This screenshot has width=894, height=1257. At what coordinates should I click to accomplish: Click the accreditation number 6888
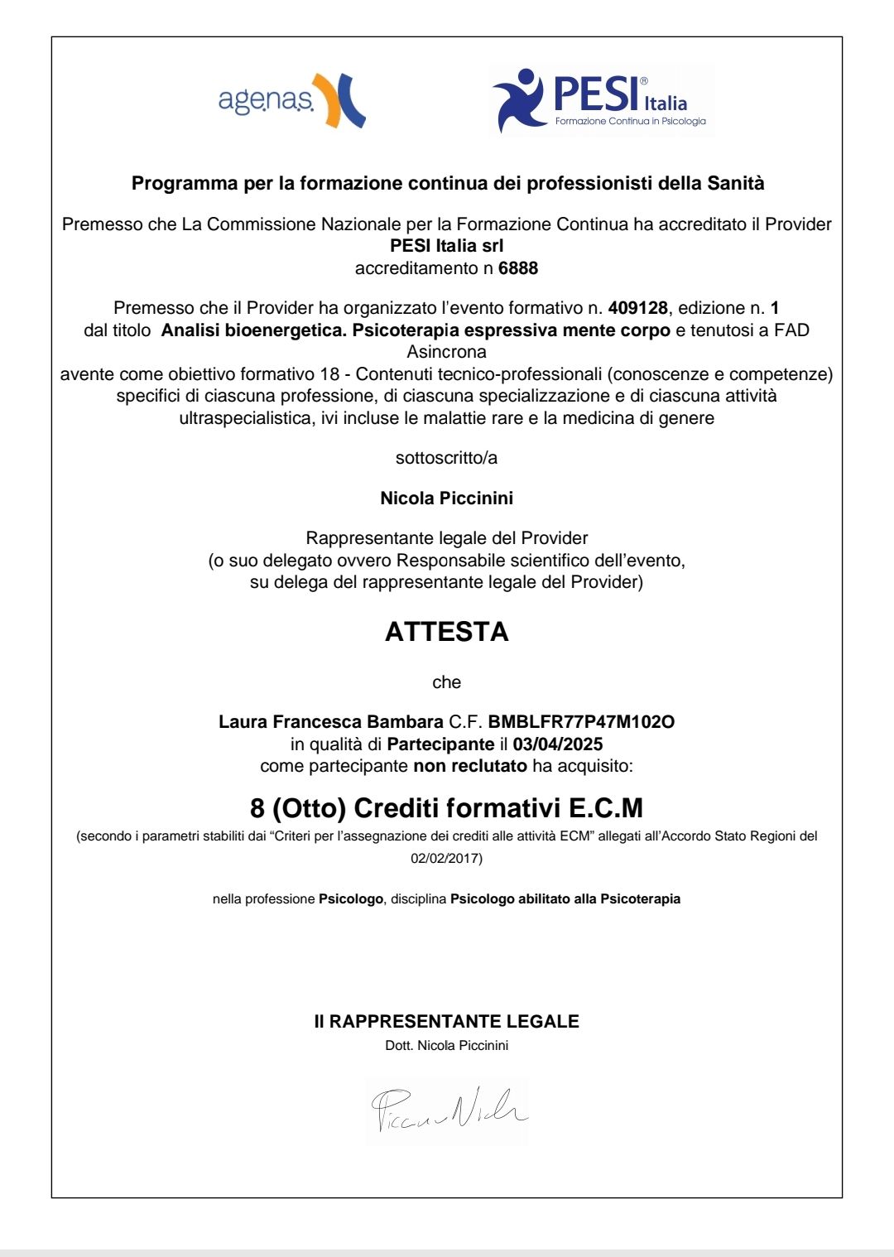coord(518,268)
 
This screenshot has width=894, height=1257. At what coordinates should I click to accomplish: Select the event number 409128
coord(637,308)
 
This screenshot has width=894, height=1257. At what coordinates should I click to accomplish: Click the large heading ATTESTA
coord(446,632)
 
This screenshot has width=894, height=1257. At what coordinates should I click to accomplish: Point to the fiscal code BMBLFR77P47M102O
coord(581,722)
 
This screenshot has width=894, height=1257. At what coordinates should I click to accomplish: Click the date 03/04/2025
coord(558,744)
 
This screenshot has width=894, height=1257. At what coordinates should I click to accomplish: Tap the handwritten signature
coord(448,1110)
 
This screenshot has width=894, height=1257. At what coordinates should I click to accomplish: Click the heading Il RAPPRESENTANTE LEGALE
coord(446,1022)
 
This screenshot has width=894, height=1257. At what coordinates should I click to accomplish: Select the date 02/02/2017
coord(446,858)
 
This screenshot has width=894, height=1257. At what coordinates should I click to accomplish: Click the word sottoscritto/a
coord(446,458)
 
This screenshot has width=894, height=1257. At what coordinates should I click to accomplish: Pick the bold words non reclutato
coord(470,766)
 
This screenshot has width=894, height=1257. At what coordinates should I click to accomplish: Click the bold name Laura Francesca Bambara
coord(331,722)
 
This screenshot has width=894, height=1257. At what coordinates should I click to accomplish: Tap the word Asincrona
coord(446,352)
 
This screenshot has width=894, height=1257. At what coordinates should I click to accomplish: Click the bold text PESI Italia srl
coord(446,246)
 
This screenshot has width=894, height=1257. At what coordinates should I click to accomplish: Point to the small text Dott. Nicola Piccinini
coord(446,1046)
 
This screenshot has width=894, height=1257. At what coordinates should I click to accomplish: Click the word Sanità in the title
coord(735,183)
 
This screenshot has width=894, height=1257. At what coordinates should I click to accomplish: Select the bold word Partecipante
coord(440,744)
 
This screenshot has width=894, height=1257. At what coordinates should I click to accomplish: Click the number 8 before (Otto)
coord(257,807)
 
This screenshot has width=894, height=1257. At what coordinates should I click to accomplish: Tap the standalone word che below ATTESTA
coord(446,682)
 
